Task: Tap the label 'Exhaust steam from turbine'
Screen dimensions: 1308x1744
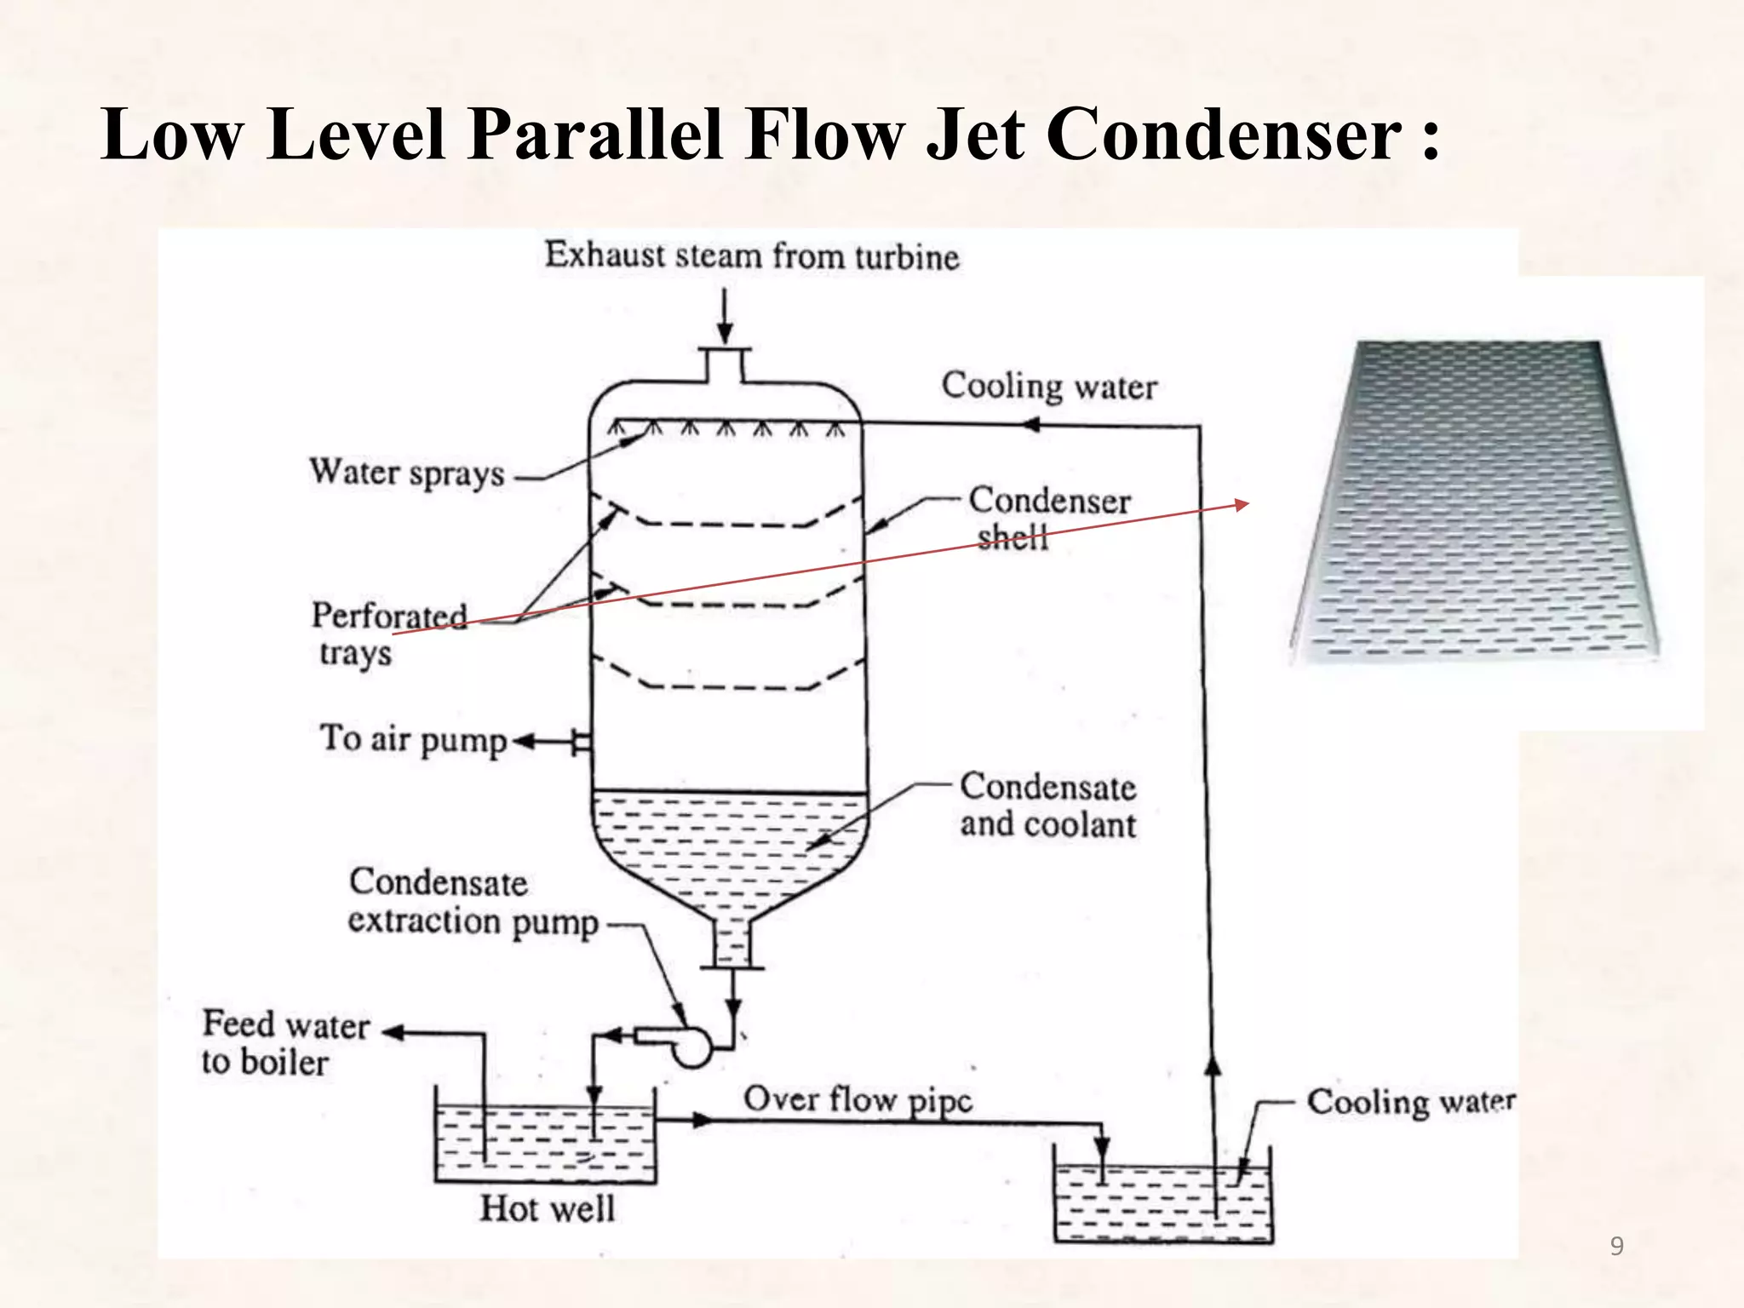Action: point(752,255)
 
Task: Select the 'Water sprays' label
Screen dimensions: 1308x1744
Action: point(407,473)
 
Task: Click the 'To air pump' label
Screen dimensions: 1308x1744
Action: point(413,739)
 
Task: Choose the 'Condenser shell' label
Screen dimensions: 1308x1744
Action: point(1048,518)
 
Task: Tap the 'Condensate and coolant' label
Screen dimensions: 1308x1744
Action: point(1047,806)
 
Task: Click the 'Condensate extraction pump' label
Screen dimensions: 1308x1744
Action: point(473,903)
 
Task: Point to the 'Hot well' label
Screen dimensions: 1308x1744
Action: point(547,1208)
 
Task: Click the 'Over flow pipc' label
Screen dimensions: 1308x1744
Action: point(858,1099)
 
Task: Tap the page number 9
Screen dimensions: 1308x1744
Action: point(1616,1247)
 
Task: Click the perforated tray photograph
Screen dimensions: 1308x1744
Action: point(1473,502)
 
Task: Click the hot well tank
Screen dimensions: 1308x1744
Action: point(545,1141)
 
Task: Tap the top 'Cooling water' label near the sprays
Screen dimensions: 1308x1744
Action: point(1049,387)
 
